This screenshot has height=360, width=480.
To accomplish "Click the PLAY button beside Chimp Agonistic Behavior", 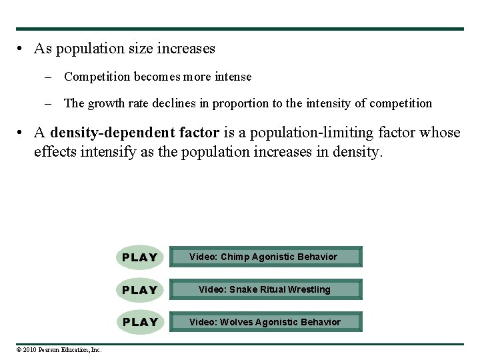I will point(140,257).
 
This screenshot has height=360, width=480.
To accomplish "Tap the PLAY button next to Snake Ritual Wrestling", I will point(140,290).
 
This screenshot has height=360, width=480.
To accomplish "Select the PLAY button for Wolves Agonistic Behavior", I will point(140,322).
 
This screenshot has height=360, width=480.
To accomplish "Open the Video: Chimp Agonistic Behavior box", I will point(265,257).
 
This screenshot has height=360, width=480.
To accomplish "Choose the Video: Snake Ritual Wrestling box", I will point(265,289).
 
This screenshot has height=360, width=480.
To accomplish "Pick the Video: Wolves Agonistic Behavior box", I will point(265,322).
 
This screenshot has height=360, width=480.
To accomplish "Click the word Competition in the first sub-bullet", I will point(97,77).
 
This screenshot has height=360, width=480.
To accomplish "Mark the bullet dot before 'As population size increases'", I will point(21,49).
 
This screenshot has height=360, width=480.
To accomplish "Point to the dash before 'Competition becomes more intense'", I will point(49,77).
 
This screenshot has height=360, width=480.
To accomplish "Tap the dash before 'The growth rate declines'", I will point(49,103).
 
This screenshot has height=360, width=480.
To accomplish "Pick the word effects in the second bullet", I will point(55,151).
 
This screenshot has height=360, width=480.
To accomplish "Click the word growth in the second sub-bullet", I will point(106,103).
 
